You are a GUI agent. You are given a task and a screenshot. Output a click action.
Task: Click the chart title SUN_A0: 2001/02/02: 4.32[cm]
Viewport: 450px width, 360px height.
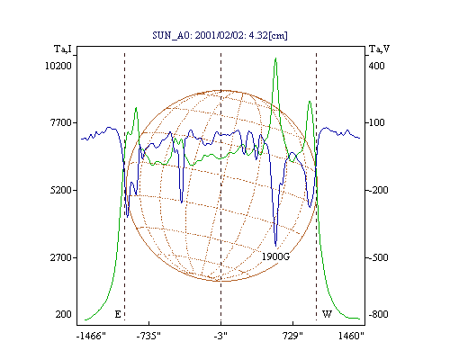[x=220, y=36]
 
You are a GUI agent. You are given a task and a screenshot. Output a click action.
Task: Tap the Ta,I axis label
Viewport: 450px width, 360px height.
[x=63, y=49]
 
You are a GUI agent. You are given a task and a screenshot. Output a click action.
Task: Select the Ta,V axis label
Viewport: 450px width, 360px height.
[x=379, y=49]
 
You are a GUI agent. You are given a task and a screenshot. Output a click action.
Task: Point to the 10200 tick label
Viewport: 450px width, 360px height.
[x=58, y=66]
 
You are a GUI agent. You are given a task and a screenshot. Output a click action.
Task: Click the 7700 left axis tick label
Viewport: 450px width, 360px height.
[x=61, y=122]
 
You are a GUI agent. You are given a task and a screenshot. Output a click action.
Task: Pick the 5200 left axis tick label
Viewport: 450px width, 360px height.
[x=61, y=190]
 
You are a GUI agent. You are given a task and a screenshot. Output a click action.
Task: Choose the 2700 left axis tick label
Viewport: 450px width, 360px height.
[x=61, y=257]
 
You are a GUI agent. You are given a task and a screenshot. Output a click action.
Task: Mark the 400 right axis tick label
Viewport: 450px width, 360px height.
[x=376, y=66]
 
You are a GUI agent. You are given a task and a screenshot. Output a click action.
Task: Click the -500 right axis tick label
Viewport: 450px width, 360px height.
[x=378, y=257]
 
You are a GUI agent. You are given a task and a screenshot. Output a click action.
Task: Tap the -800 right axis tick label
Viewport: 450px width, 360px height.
[x=378, y=314]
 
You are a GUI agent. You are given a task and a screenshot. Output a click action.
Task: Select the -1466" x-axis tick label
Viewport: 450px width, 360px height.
[x=91, y=336]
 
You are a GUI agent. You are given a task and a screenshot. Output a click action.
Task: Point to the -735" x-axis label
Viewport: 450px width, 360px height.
[x=148, y=336]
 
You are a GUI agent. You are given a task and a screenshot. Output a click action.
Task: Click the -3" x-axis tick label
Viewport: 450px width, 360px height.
[x=220, y=336]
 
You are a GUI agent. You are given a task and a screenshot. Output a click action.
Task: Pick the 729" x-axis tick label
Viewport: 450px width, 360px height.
[x=292, y=336]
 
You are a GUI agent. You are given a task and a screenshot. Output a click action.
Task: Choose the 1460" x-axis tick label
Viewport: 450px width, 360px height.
[x=351, y=336]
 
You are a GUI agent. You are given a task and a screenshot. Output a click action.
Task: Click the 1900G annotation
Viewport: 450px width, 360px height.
[x=276, y=256]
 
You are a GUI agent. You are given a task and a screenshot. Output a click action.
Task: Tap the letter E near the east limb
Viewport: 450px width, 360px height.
[x=118, y=314]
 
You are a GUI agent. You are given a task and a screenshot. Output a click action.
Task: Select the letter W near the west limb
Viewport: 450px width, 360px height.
[x=327, y=314]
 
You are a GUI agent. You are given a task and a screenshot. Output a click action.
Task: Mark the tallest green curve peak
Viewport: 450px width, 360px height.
[x=275, y=58]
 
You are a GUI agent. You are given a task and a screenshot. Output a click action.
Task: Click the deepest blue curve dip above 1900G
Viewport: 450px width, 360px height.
[x=276, y=246]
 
